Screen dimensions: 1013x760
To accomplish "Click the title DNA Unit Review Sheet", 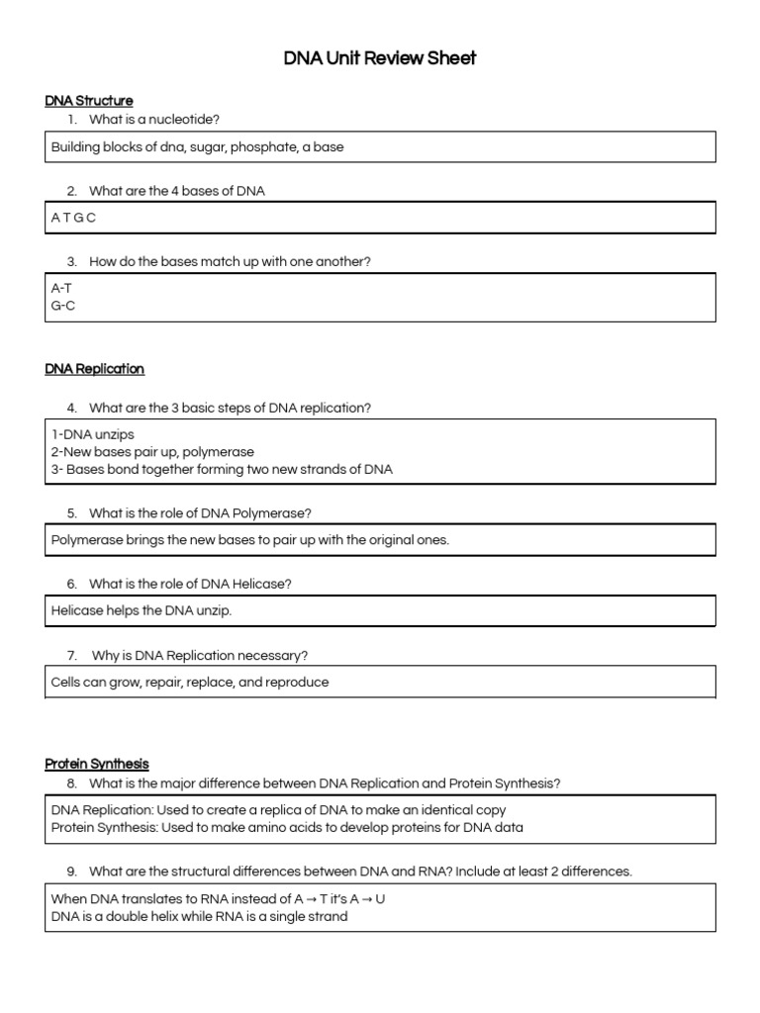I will tap(380, 58).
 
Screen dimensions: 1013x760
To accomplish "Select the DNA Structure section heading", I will tap(89, 100).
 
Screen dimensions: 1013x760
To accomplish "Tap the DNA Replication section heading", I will tap(95, 369).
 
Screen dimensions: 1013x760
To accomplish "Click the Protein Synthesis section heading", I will tap(97, 764).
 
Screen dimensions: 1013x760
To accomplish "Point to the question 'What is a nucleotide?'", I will tap(154, 120).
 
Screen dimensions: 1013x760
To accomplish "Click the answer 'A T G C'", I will tap(73, 218).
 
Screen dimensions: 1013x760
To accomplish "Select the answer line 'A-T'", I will tap(61, 287).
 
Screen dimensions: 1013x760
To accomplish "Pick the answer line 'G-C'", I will tap(62, 306).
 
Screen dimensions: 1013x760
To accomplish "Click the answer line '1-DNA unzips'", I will tap(92, 434).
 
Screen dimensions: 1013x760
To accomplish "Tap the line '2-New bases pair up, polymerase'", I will tap(152, 452).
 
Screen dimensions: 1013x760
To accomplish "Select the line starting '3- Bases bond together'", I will tap(222, 470).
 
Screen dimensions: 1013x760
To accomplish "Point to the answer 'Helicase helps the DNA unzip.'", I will tap(142, 610).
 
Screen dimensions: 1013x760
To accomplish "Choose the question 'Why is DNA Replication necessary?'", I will tap(200, 655).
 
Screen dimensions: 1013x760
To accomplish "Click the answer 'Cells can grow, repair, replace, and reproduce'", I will tap(190, 682).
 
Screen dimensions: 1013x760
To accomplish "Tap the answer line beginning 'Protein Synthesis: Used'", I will tap(287, 827).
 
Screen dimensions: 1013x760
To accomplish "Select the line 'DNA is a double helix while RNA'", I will tap(199, 916).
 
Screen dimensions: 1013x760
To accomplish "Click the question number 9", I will tap(72, 872).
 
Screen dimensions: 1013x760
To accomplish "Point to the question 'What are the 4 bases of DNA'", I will tap(176, 191).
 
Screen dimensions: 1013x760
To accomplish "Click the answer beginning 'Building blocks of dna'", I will tap(197, 146).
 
